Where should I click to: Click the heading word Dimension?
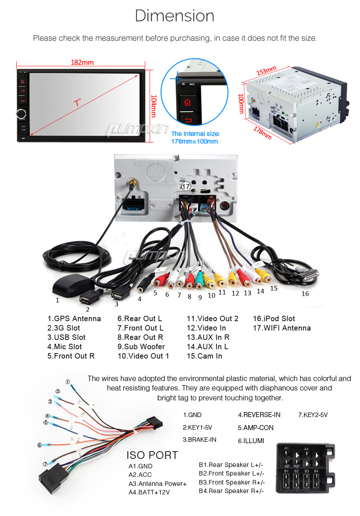175,16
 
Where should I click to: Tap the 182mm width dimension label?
82,62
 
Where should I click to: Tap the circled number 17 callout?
186,186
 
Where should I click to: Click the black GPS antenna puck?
72,284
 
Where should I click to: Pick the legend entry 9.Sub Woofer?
141,346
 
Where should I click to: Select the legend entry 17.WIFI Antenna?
282,328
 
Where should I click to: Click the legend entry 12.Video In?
206,328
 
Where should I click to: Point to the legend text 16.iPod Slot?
274,319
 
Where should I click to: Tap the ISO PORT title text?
152,455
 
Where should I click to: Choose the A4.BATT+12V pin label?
149,492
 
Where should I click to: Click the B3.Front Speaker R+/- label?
232,482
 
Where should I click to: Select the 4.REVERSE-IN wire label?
259,415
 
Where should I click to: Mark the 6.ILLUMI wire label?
251,440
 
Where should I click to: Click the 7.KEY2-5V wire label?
313,415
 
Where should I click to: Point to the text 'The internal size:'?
196,134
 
